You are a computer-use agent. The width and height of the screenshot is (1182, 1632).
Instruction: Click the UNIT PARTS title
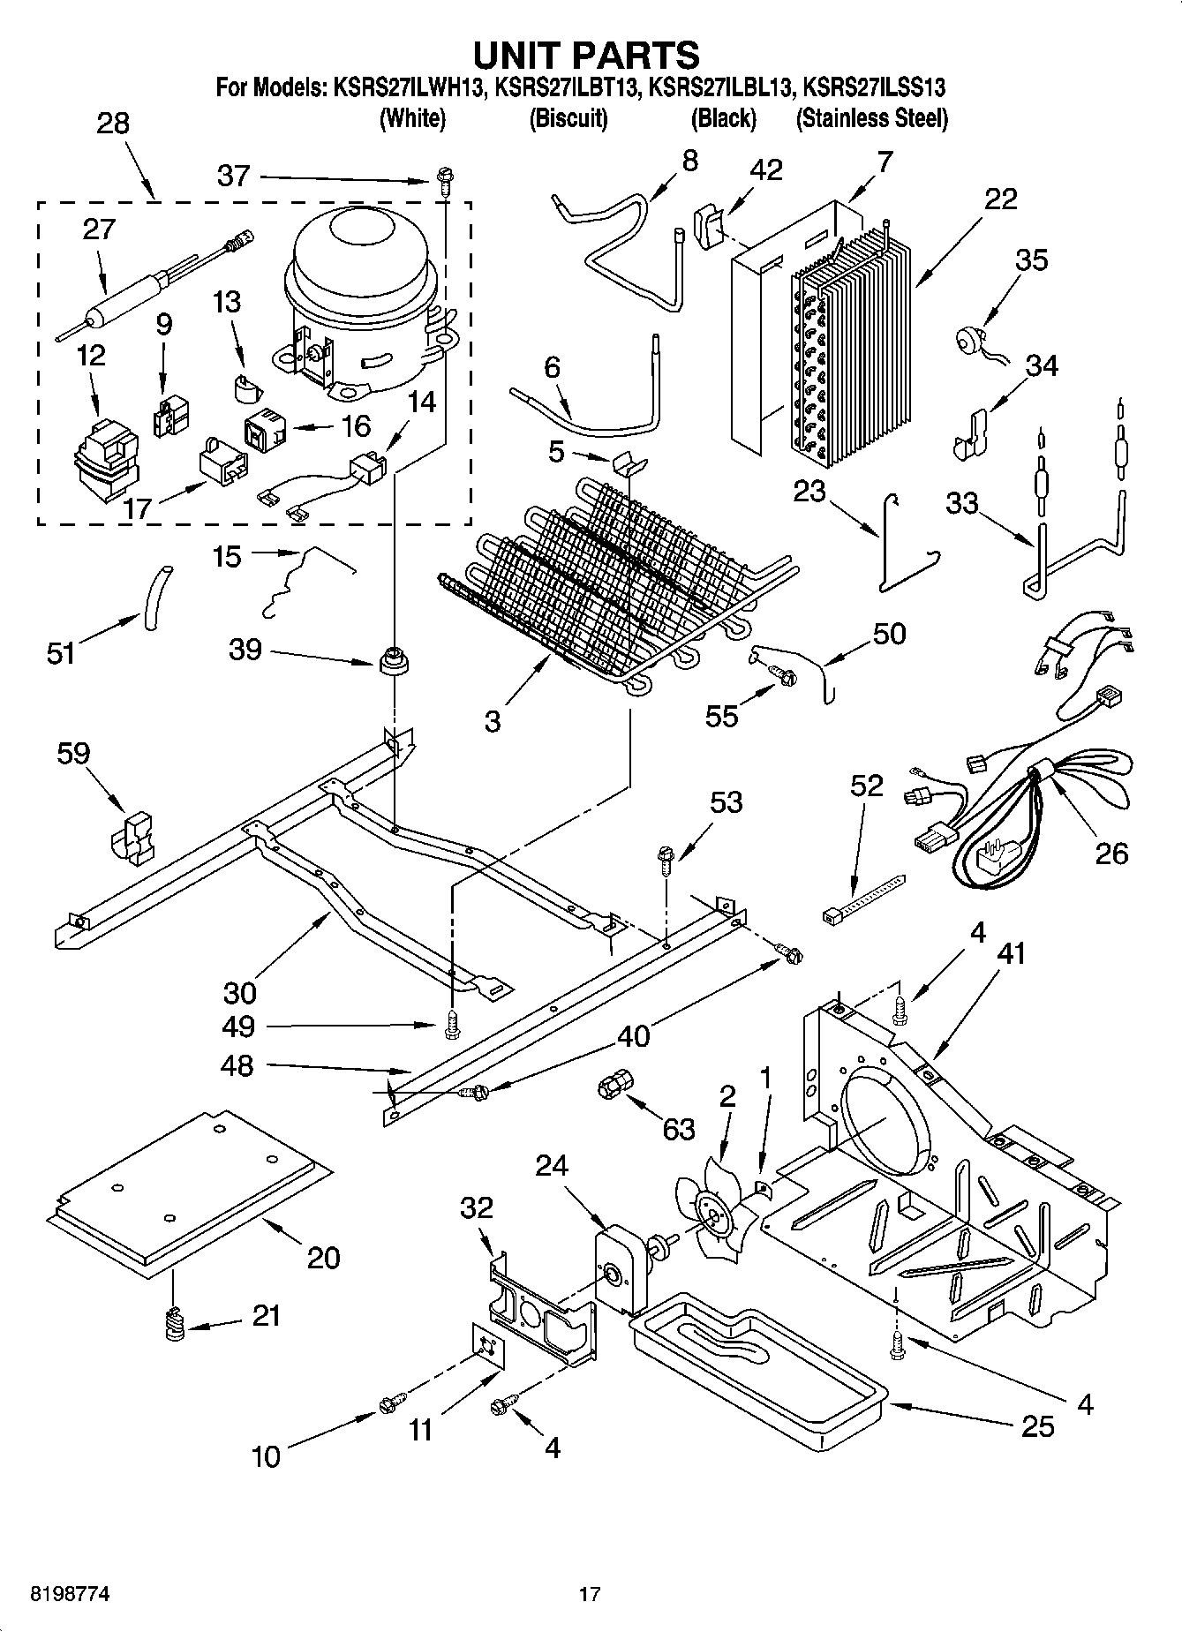click(x=586, y=55)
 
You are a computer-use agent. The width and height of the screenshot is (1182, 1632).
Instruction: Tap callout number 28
click(x=113, y=123)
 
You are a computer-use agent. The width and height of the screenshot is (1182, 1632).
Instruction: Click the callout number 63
click(x=678, y=1129)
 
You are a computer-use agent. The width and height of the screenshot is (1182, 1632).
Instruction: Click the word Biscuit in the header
click(x=568, y=119)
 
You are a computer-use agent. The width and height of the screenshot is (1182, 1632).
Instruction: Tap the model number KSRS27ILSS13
click(x=874, y=88)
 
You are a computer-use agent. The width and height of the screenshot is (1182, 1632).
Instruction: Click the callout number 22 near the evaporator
click(x=1000, y=199)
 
